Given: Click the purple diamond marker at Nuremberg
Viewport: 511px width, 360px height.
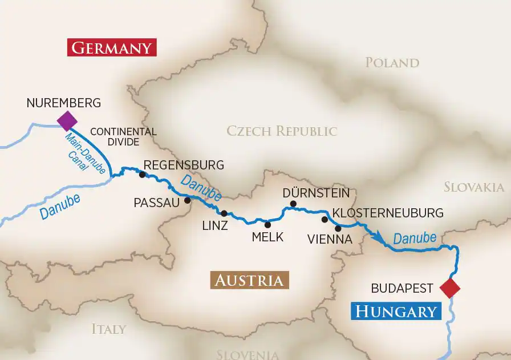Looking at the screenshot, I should pyautogui.click(x=67, y=120).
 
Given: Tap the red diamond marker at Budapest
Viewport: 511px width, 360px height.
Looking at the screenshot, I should pyautogui.click(x=450, y=288).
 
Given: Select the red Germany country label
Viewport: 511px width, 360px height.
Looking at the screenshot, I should pyautogui.click(x=112, y=47).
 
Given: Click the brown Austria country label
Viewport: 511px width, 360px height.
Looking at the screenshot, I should pyautogui.click(x=249, y=281).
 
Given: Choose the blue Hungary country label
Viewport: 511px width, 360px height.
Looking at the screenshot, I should pyautogui.click(x=396, y=312).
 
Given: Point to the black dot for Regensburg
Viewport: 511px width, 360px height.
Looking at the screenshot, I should pyautogui.click(x=142, y=175).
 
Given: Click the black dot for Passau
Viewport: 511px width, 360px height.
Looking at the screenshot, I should pyautogui.click(x=187, y=200).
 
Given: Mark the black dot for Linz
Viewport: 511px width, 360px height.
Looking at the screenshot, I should pyautogui.click(x=224, y=213).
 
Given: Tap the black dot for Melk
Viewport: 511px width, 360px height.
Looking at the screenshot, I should pyautogui.click(x=267, y=224).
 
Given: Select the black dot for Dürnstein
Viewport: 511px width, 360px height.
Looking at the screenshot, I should pyautogui.click(x=293, y=204).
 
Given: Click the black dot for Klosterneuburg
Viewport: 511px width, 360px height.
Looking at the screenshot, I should pyautogui.click(x=325, y=219).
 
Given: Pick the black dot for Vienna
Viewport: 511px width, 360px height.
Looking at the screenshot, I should pyautogui.click(x=338, y=228).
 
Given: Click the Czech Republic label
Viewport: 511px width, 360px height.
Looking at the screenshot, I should pyautogui.click(x=282, y=131).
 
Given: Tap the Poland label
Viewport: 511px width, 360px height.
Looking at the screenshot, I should pyautogui.click(x=392, y=63).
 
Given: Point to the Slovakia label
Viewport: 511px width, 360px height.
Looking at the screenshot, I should pyautogui.click(x=473, y=187).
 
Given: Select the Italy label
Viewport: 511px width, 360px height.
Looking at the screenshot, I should pyautogui.click(x=108, y=329).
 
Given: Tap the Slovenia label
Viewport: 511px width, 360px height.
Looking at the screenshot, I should pyautogui.click(x=248, y=354).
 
